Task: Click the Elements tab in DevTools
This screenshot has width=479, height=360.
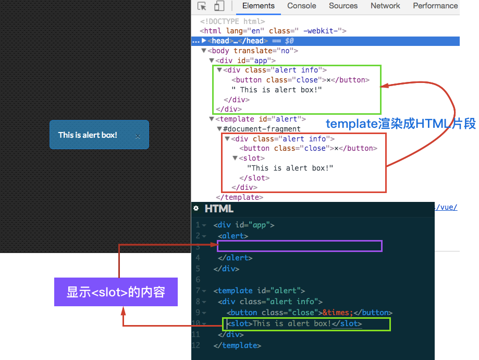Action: tap(258, 6)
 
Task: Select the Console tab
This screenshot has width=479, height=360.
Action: tap(302, 6)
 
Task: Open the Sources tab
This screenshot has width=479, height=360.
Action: tap(343, 6)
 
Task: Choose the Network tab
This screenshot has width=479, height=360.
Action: tap(385, 6)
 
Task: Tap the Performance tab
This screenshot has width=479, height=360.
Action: tap(435, 6)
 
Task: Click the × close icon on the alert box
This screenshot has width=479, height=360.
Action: tap(138, 136)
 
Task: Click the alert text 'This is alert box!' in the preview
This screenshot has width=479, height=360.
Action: tap(88, 135)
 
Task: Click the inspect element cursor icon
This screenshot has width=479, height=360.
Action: tap(202, 6)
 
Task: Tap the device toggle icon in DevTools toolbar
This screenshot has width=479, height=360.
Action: tap(219, 6)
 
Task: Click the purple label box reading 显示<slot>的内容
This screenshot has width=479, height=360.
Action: tap(116, 292)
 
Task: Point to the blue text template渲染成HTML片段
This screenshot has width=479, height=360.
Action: tap(400, 124)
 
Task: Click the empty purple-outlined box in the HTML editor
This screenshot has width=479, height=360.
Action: tap(300, 246)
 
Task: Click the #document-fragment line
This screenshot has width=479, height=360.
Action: tap(262, 129)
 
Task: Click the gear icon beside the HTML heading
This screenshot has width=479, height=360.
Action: tap(196, 209)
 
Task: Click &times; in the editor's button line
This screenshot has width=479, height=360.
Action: tap(338, 313)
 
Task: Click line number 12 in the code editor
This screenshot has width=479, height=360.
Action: tap(196, 345)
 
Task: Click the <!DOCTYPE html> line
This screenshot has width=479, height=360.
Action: tap(233, 21)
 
